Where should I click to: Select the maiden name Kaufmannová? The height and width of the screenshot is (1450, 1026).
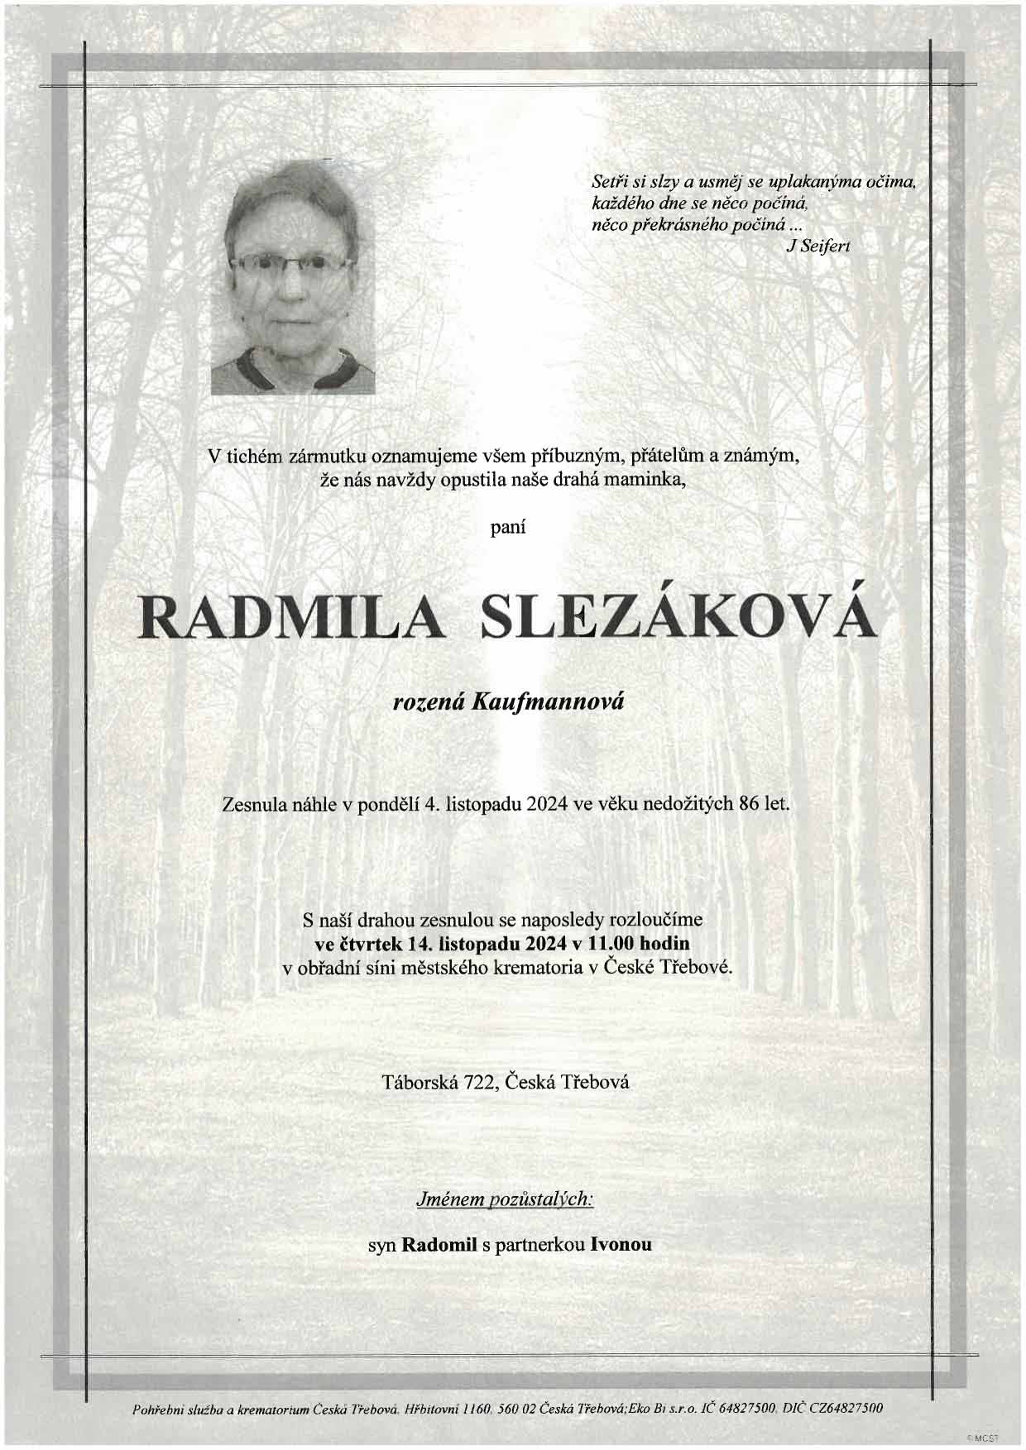(x=547, y=702)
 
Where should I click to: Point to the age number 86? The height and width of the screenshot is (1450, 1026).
(x=751, y=802)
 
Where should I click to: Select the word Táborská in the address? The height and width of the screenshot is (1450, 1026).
(x=417, y=1081)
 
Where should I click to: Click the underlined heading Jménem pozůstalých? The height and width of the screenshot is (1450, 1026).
(x=504, y=1199)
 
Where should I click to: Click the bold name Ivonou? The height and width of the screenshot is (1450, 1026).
(x=621, y=1244)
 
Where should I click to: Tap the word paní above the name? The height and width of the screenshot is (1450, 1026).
(x=509, y=525)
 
